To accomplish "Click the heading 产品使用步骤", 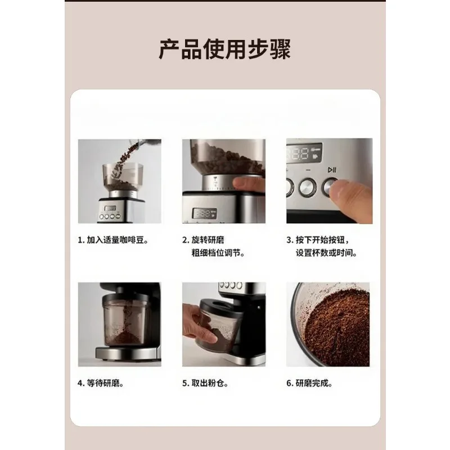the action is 224,49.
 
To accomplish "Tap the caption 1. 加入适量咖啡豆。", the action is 113,240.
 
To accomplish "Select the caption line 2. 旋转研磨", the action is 203,240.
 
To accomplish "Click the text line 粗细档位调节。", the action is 218,253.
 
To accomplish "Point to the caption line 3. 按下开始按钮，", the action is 318,240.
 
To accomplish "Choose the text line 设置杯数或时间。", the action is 326,253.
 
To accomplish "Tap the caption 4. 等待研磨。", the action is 101,383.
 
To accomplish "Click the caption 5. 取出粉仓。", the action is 205,383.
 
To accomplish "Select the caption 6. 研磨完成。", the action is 309,383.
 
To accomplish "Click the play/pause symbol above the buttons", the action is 332,170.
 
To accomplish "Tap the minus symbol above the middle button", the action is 308,170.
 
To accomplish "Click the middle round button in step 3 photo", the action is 308,187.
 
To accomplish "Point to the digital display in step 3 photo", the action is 304,153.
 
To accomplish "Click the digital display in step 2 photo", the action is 205,213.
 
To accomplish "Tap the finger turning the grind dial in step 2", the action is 249,184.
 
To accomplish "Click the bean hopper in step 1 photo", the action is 123,177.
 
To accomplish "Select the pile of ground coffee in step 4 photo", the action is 124,338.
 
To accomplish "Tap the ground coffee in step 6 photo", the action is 337,327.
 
